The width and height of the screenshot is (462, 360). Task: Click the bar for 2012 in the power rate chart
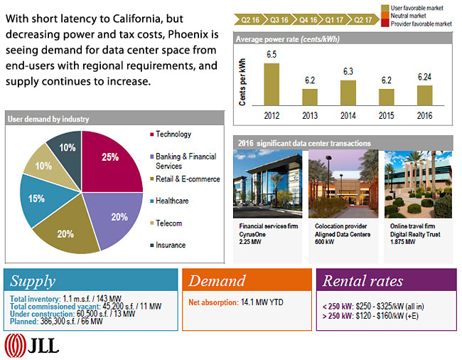[x=272, y=84]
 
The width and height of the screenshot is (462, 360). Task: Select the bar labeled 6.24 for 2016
[x=424, y=95]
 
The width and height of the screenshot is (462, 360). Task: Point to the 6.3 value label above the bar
[x=348, y=72]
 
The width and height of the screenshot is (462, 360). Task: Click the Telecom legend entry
[x=168, y=223]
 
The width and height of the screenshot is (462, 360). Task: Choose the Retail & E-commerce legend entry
[x=187, y=179]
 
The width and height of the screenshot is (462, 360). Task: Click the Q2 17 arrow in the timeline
[x=362, y=21]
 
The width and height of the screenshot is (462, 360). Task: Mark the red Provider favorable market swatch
[x=386, y=23]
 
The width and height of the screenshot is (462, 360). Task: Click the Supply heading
[x=32, y=280]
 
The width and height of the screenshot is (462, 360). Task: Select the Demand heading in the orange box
[x=216, y=280]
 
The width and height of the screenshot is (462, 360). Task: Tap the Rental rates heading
[x=362, y=280]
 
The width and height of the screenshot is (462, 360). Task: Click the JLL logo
[x=32, y=346]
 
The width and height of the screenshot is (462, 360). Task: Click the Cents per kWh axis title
[x=242, y=82]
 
